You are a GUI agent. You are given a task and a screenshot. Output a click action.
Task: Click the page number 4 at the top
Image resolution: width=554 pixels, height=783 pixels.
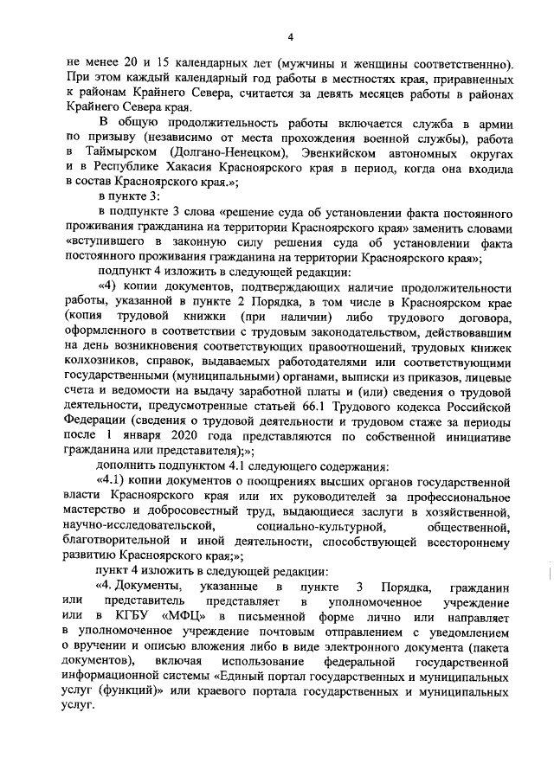tap(290, 36)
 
